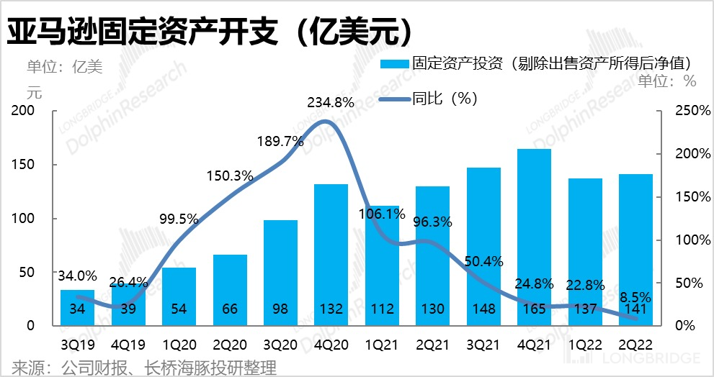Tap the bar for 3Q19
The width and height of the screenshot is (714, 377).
(x=77, y=308)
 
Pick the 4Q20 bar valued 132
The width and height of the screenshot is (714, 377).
(x=331, y=252)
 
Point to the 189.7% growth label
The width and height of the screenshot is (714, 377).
(x=280, y=142)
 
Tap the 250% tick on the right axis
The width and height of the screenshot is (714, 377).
(x=677, y=111)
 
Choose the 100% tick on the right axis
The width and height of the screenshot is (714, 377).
(x=677, y=240)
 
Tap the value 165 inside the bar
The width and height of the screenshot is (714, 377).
(x=534, y=309)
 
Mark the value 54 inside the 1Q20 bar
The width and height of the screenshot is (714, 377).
(x=179, y=309)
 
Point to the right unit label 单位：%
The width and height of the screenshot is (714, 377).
(x=668, y=81)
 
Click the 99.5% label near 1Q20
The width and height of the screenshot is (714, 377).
(x=178, y=219)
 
